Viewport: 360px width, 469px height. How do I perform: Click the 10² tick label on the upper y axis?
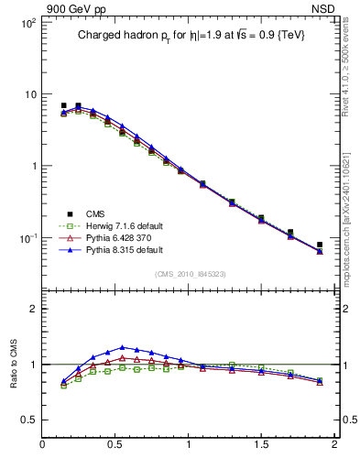click(27, 22)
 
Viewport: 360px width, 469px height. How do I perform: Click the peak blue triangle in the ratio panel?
click(122, 347)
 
